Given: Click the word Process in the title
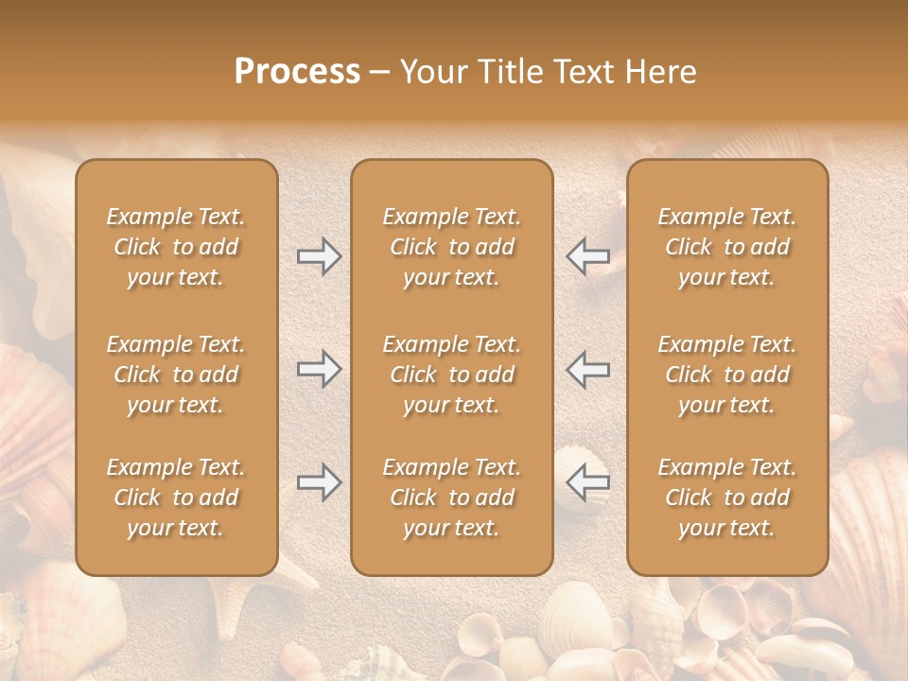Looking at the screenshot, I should pyautogui.click(x=297, y=72).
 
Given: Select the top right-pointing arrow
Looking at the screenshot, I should pyautogui.click(x=319, y=256).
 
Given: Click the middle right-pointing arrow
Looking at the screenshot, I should pyautogui.click(x=319, y=369).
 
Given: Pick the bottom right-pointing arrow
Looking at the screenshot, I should pyautogui.click(x=319, y=482).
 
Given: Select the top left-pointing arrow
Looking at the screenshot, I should pyautogui.click(x=588, y=256).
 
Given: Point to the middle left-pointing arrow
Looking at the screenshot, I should pyautogui.click(x=588, y=369).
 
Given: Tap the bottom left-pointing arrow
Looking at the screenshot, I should pyautogui.click(x=588, y=482).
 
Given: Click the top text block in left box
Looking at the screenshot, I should pyautogui.click(x=176, y=247).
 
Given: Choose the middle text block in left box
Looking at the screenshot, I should pyautogui.click(x=176, y=375).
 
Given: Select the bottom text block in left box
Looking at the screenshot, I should pyautogui.click(x=176, y=498).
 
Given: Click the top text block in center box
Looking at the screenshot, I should pyautogui.click(x=451, y=247).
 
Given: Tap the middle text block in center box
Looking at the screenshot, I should pyautogui.click(x=451, y=375).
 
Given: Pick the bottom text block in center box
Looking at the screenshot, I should pyautogui.click(x=451, y=498).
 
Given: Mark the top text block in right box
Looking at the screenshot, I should pyautogui.click(x=726, y=247).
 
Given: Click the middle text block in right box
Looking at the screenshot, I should pyautogui.click(x=726, y=375).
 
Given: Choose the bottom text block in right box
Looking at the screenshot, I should pyautogui.click(x=726, y=498).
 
